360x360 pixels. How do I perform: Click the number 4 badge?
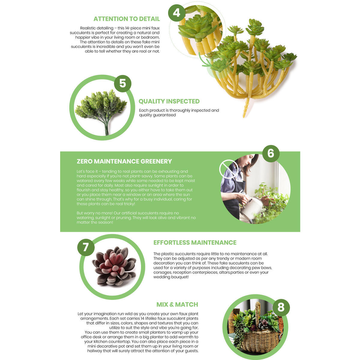pos(177,13)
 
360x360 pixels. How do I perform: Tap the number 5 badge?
pos(123,83)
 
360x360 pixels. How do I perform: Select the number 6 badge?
pos(271,153)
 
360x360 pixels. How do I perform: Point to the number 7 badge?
pos(86,247)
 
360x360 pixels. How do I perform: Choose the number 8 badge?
pos(281,307)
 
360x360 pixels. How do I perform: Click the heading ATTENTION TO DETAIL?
pos(127,19)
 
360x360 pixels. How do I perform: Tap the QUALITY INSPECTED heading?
pos(169,101)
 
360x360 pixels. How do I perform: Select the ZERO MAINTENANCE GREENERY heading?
pos(124,161)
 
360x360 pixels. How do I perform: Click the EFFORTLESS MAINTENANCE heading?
pos(195,243)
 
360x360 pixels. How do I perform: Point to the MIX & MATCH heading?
pos(177,305)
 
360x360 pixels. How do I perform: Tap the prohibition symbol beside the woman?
pos(229,169)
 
